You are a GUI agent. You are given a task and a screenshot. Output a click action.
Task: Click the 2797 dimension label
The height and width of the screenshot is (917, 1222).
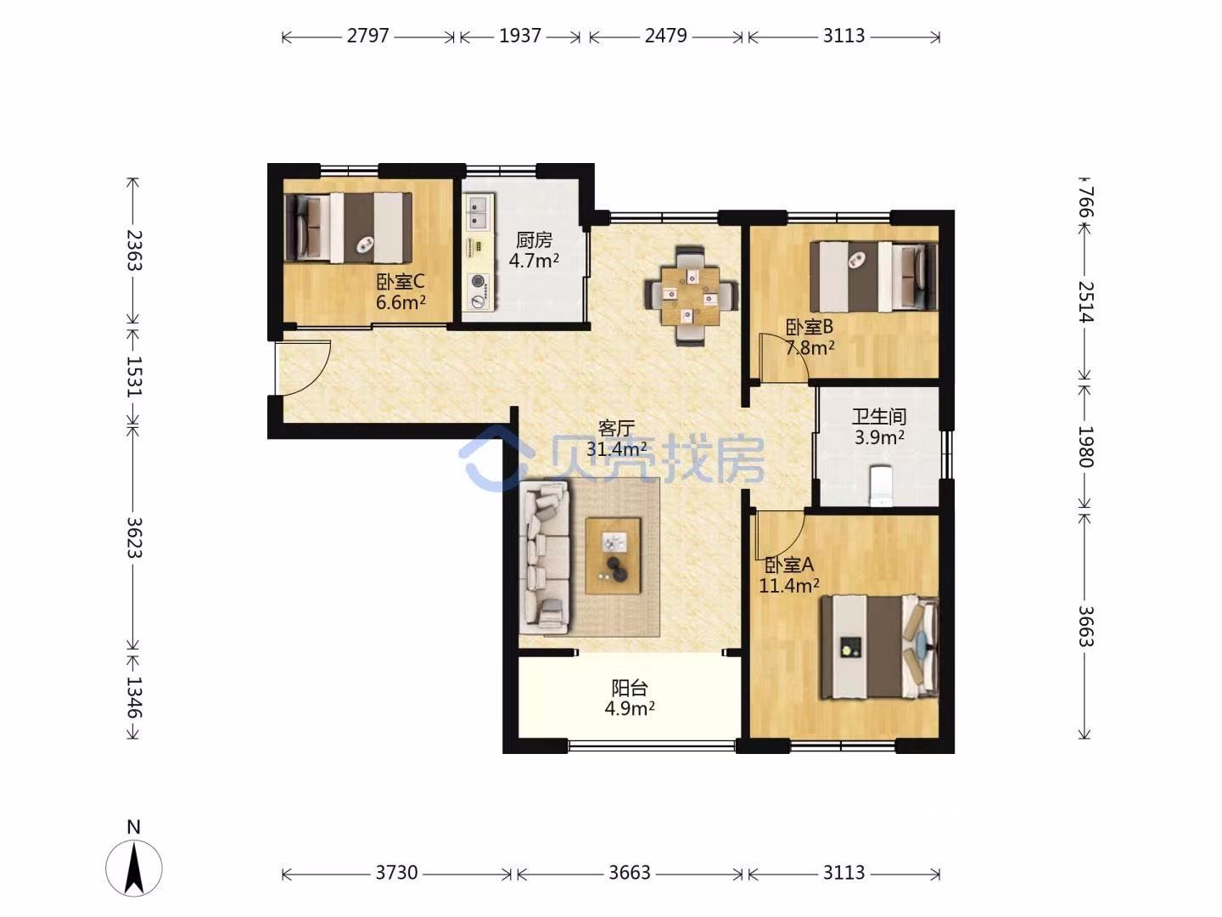click(x=367, y=37)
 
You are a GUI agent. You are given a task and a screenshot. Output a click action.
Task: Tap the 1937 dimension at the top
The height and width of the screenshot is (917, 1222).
click(x=520, y=37)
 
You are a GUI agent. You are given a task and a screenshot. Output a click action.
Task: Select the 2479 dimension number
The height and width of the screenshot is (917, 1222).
click(x=666, y=37)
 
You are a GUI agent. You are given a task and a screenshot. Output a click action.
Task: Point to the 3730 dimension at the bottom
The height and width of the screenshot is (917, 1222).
click(x=396, y=873)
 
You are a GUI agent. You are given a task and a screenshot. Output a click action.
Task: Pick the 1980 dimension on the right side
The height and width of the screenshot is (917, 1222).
click(x=1086, y=447)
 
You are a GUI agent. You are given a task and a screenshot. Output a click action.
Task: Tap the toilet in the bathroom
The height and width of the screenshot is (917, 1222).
click(x=881, y=487)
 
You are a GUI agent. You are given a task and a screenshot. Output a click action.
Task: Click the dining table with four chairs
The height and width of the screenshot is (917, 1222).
click(x=691, y=295)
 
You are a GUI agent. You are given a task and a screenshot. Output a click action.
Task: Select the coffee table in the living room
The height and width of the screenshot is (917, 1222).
click(x=613, y=555)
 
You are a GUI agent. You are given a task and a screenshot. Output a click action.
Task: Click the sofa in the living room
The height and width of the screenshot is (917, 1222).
click(x=545, y=557)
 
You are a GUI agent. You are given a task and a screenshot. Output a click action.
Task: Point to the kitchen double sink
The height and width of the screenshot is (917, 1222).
click(x=479, y=212)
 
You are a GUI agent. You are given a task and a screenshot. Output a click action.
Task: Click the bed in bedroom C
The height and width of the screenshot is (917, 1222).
click(x=349, y=228)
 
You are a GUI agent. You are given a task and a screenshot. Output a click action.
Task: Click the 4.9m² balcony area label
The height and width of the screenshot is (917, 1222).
click(x=629, y=709)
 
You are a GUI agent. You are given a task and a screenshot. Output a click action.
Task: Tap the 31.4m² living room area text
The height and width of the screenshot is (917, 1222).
click(x=616, y=448)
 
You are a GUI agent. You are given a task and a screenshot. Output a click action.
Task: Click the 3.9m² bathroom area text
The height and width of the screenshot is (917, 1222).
click(x=879, y=437)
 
